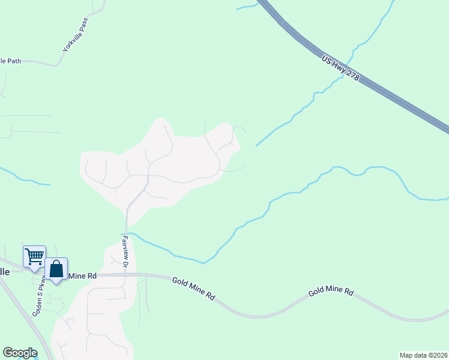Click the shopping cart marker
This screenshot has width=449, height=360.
pos(34,256)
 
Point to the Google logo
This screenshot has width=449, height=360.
pos(20,353)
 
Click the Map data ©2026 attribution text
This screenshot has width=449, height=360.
pos(424,355)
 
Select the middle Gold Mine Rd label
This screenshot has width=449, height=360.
pos(193,288)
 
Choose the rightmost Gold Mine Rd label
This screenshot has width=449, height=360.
pos(331,292)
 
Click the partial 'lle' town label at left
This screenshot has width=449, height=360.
pos(5,271)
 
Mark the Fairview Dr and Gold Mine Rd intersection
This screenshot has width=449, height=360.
pos(125,275)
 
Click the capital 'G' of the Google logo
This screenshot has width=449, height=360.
pos(7,352)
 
